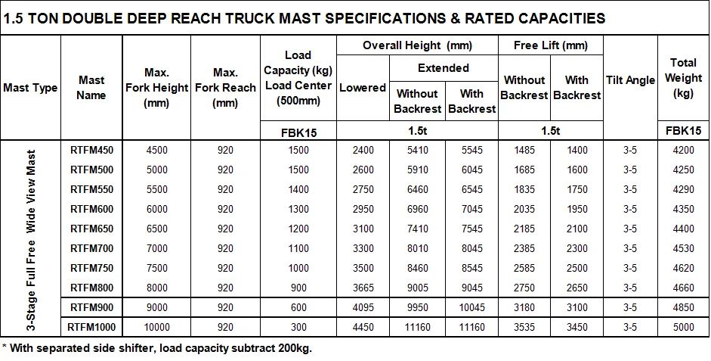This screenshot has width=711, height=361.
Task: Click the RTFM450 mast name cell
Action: [91, 151]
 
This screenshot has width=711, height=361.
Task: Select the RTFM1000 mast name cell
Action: [91, 328]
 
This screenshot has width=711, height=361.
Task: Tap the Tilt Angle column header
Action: [630, 81]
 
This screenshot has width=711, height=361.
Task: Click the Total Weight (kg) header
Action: [684, 77]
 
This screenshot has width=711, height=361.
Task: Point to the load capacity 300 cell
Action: [298, 328]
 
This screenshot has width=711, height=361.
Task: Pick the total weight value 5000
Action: [684, 328]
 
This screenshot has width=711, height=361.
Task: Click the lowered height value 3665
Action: [363, 288]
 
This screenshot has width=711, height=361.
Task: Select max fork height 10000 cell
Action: [156, 328]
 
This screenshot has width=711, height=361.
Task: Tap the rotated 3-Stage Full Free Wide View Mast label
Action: [31, 239]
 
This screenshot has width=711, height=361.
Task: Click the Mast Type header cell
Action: [30, 88]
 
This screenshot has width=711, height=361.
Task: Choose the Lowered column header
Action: [363, 88]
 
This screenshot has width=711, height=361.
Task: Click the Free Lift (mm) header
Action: [550, 45]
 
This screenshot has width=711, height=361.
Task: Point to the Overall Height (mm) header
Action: [417, 45]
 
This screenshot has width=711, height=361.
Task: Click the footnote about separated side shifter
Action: [157, 349]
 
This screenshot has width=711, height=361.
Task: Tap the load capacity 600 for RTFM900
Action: [298, 308]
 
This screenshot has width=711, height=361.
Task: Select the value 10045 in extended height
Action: [471, 308]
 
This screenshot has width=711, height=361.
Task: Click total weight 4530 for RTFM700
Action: [684, 249]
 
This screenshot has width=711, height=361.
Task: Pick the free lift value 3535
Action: [524, 328]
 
